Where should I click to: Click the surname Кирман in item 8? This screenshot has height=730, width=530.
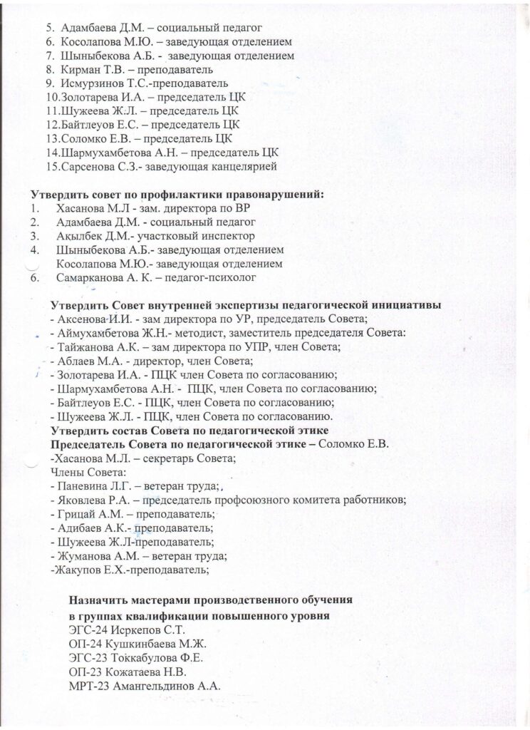pyautogui.click(x=77, y=70)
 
